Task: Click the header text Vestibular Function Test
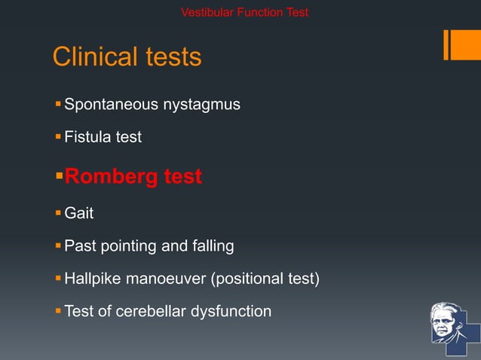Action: [245, 12]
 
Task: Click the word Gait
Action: [79, 213]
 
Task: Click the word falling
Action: [211, 246]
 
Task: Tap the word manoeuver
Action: [168, 279]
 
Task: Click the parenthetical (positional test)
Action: [265, 279]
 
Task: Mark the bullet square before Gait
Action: [59, 213]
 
